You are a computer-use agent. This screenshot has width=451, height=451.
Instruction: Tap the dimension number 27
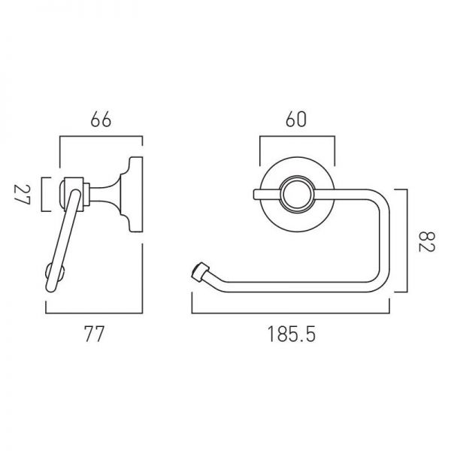tap(22, 195)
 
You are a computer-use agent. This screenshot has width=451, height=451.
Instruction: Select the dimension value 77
tap(94, 334)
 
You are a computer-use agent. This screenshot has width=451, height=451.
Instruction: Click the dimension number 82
tap(426, 241)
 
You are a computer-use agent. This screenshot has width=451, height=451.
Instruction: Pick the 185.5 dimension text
tap(292, 334)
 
